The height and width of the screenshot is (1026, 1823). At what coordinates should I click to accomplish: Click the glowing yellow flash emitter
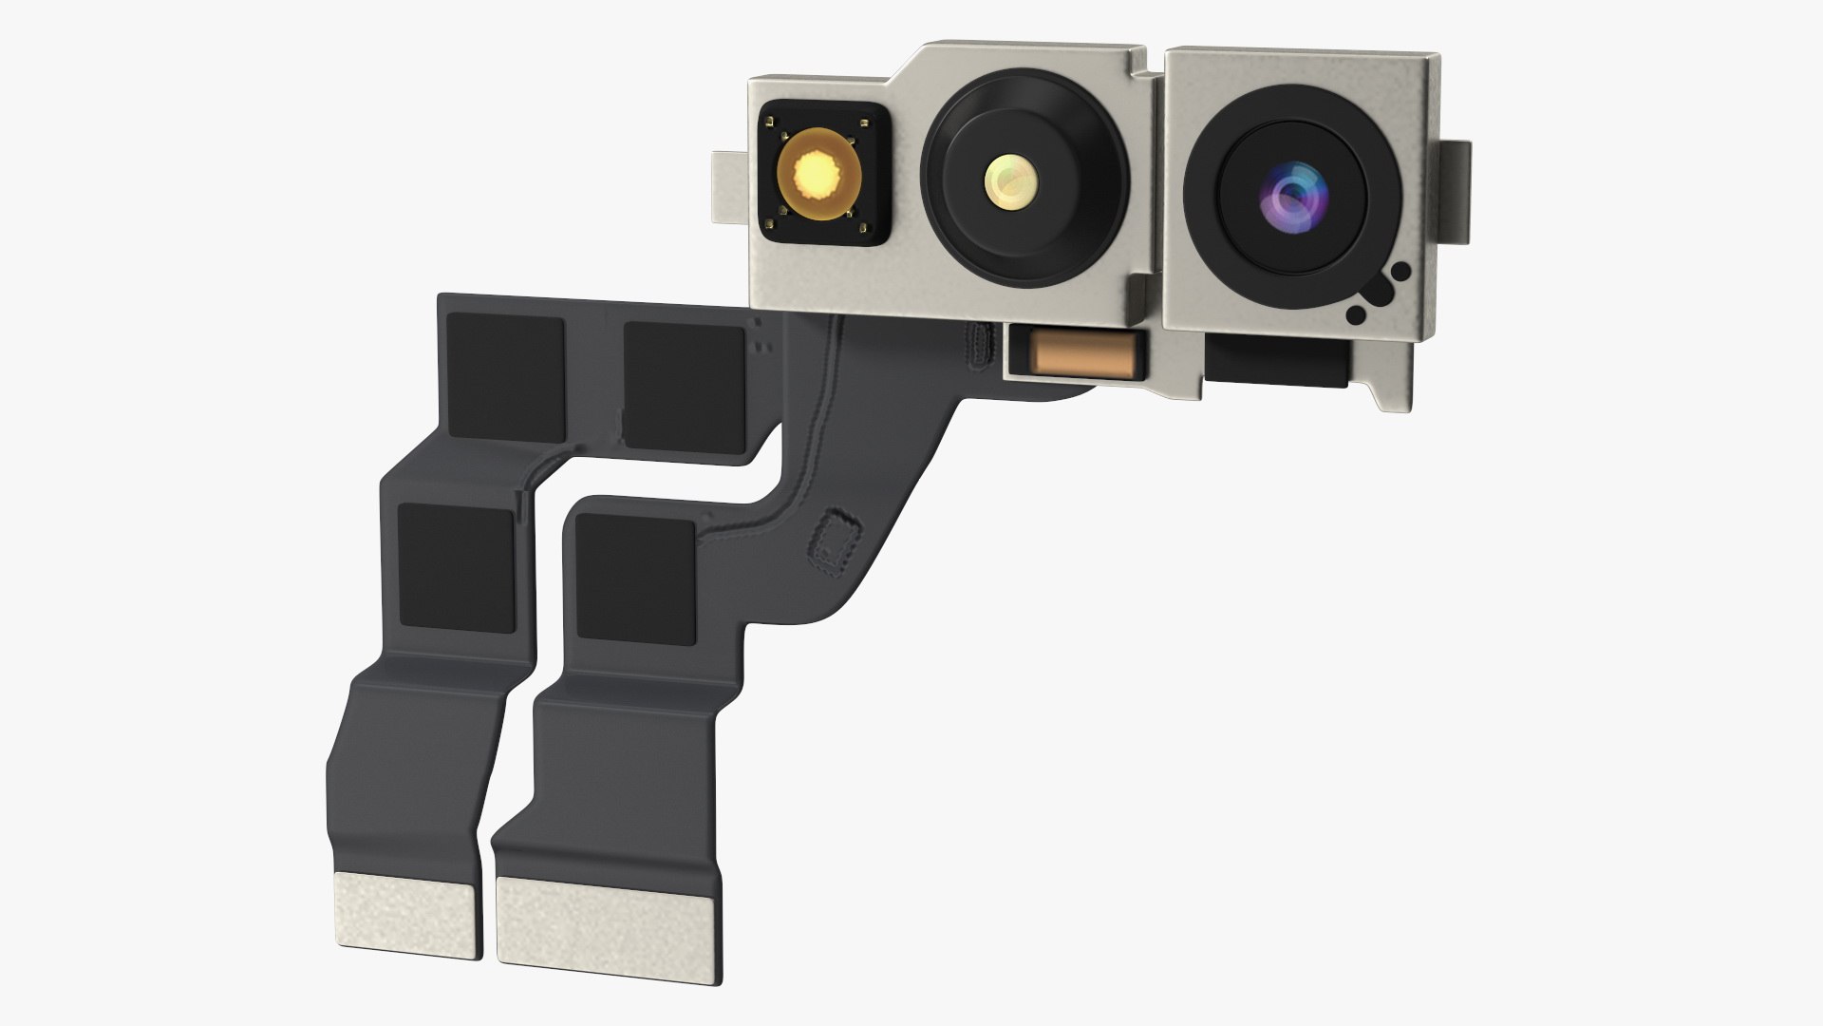pos(818,174)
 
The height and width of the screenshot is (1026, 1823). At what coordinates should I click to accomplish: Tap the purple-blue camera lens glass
pos(1290,195)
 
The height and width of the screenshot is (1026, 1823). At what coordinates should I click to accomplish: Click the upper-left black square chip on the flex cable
pos(506,368)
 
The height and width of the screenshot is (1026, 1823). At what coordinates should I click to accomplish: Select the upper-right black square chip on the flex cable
pos(684,382)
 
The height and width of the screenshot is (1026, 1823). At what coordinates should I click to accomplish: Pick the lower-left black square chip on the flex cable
pos(457,567)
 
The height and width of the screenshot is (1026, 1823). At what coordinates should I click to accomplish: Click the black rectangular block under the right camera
pos(1275,363)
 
